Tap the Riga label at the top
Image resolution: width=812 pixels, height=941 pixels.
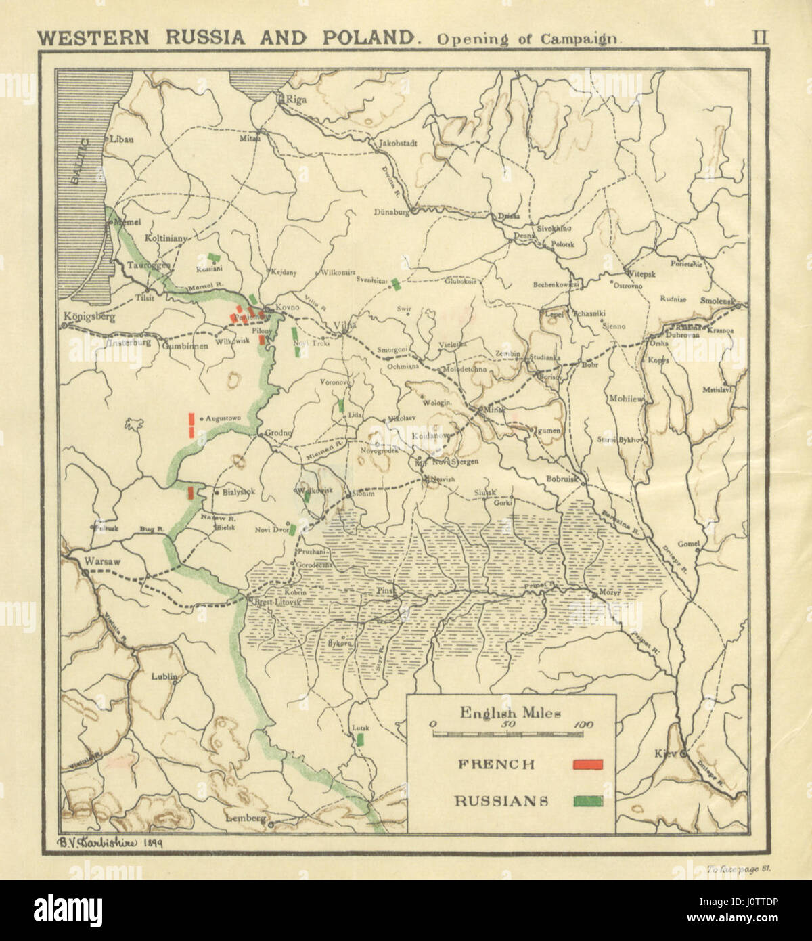(x=296, y=100)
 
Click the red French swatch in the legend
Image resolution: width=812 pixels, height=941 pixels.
(x=587, y=764)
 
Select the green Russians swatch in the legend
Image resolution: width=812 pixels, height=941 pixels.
(x=587, y=801)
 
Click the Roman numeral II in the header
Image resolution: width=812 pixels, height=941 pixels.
(x=761, y=37)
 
